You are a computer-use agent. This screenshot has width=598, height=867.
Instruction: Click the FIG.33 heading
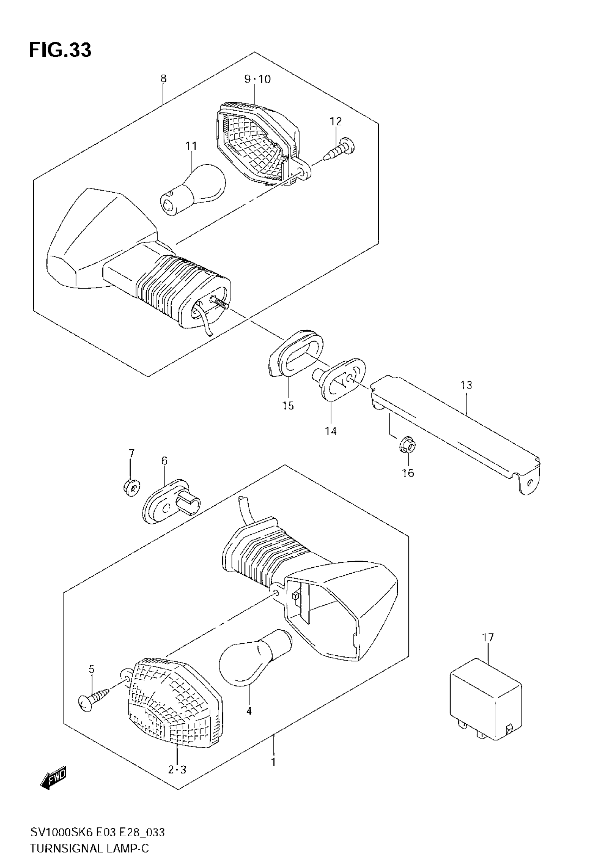[60, 50]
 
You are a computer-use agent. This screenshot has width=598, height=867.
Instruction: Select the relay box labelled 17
[485, 697]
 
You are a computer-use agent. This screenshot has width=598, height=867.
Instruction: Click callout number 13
[466, 385]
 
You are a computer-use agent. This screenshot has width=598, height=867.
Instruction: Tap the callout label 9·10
[257, 79]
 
